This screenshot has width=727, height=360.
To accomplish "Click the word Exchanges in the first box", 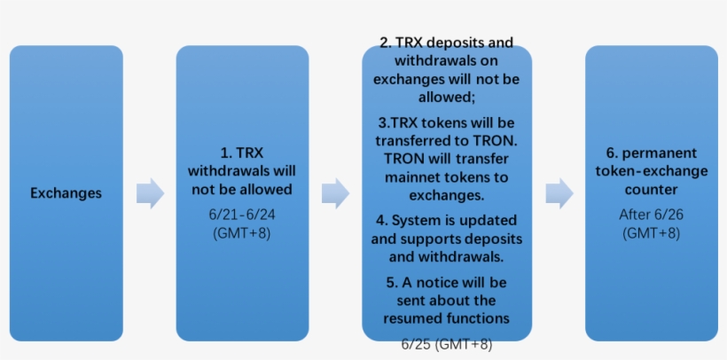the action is tap(66, 193).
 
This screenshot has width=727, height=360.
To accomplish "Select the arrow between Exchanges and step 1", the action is tap(150, 193).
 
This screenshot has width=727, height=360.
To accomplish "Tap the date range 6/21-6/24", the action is tap(241, 215).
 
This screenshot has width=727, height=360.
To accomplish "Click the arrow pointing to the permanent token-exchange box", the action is tap(559, 193).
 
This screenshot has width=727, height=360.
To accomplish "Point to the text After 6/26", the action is tap(651, 215).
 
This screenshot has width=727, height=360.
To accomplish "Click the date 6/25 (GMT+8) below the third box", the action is tap(447, 345).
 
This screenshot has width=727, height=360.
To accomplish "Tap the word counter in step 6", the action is tap(651, 190).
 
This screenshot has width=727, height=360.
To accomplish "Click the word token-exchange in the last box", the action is tap(652, 171).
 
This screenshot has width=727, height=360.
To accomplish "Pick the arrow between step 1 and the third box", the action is tap(336, 193).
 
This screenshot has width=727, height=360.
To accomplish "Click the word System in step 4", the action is tap(417, 221).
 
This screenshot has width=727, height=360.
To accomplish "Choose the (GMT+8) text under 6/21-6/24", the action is tap(241, 233).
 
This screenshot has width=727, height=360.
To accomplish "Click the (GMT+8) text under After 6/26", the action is tap(651, 233).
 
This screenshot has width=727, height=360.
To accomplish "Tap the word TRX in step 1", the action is tap(250, 153).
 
